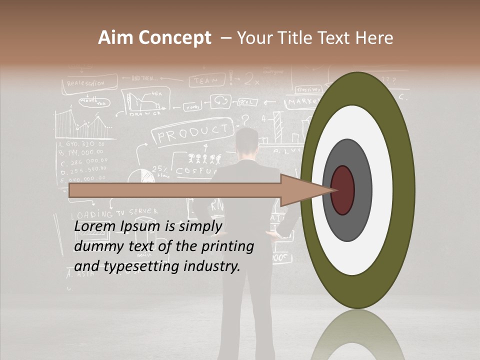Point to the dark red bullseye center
342,190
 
